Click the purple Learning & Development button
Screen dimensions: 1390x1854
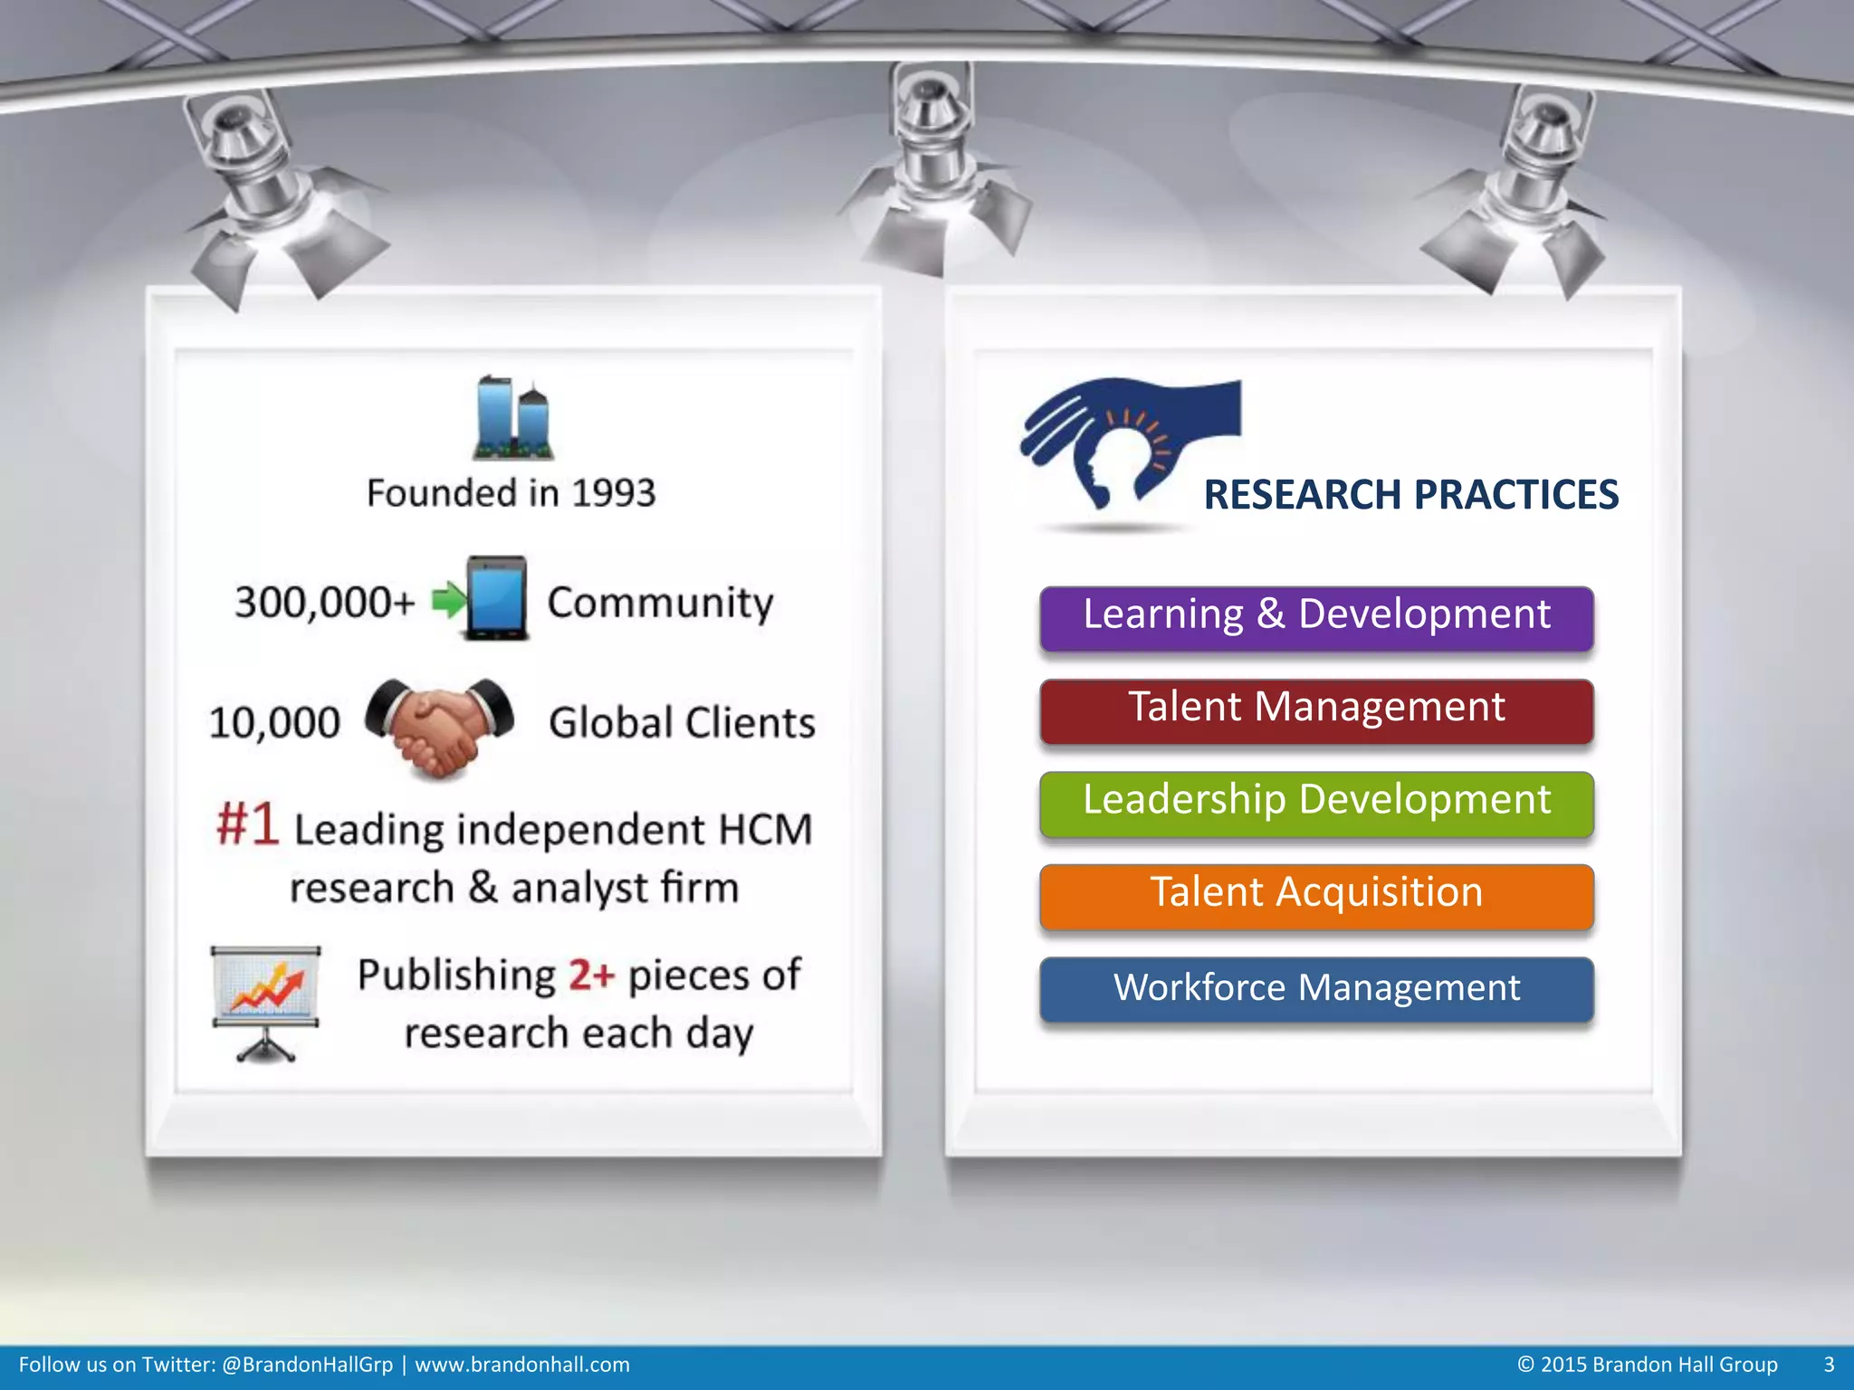coord(1316,618)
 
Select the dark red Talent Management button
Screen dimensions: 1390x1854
coord(1316,710)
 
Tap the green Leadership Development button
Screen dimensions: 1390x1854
coord(1316,804)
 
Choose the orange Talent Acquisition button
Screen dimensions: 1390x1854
coord(1316,896)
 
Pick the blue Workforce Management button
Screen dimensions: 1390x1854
coord(1316,989)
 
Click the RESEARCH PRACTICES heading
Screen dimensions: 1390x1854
coord(1410,495)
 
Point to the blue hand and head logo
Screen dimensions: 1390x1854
coord(1123,443)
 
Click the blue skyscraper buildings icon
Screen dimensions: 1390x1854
coord(513,418)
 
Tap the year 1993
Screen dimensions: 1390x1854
coord(613,493)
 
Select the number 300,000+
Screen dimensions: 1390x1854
coord(324,602)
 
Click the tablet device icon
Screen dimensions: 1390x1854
coord(496,598)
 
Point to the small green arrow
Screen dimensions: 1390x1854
coord(448,600)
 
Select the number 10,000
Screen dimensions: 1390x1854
coord(274,723)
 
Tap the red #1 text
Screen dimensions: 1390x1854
coord(247,824)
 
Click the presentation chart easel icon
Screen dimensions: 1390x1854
coord(265,1003)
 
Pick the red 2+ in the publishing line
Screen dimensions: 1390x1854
coord(591,976)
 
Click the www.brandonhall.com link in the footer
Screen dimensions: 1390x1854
coord(521,1365)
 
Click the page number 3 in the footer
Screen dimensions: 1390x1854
coord(1829,1365)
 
